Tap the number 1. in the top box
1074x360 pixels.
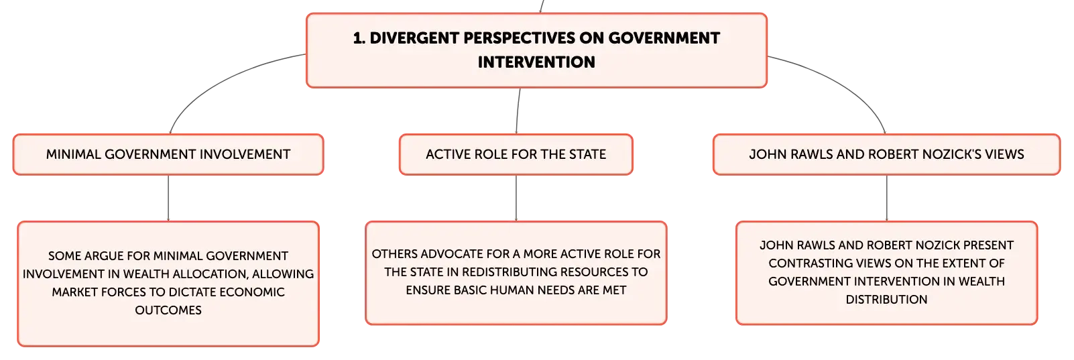coord(359,38)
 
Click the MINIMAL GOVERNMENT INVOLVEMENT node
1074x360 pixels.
coord(168,154)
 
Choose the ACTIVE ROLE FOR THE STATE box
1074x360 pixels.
coord(516,154)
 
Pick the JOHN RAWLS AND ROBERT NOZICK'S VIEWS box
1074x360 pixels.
coord(886,154)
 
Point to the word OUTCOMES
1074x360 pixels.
coord(168,310)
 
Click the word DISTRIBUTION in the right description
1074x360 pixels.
coord(886,300)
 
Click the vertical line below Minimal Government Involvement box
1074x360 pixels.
coord(168,198)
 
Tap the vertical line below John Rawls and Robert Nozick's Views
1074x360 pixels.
coord(886,198)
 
